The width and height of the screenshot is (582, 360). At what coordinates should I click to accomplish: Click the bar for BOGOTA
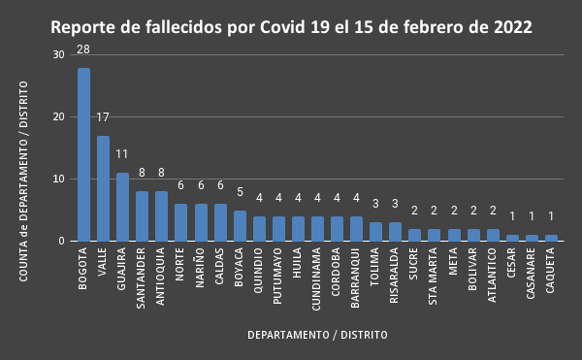(x=83, y=154)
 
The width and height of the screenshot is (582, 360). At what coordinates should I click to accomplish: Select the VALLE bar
(x=103, y=188)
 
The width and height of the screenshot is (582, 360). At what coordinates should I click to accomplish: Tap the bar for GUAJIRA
(x=122, y=207)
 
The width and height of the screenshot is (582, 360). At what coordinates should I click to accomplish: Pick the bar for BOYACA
(x=240, y=225)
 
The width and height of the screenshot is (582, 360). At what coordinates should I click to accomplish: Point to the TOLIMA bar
(x=375, y=231)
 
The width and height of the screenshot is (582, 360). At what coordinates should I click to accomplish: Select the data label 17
(x=103, y=117)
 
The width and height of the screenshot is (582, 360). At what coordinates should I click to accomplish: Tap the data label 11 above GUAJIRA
(x=122, y=154)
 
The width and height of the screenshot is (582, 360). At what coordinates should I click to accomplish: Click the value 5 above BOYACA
(x=240, y=192)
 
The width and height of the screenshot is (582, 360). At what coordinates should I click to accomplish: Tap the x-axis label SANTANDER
(x=142, y=278)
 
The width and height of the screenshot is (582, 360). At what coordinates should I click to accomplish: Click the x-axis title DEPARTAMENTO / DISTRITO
(x=317, y=335)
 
